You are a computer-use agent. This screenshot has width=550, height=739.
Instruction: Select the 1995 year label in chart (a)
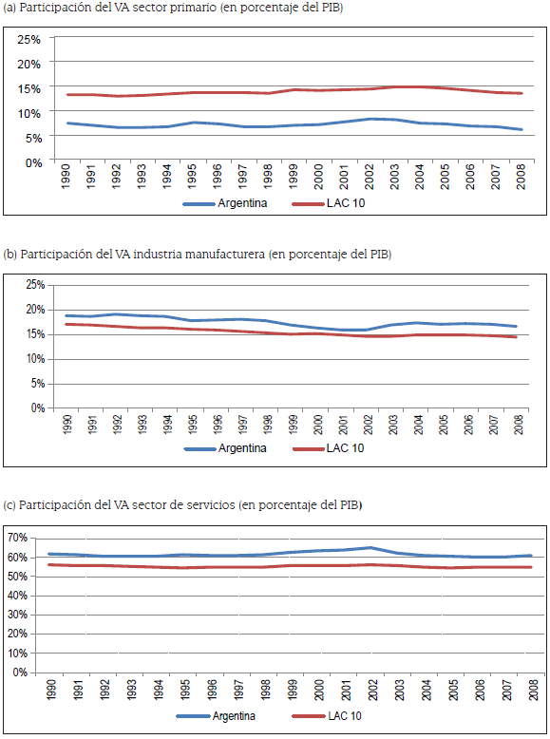point(190,179)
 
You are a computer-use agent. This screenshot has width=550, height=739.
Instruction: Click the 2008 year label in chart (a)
point(521,179)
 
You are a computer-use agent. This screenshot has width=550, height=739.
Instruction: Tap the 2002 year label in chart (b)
point(369,425)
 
